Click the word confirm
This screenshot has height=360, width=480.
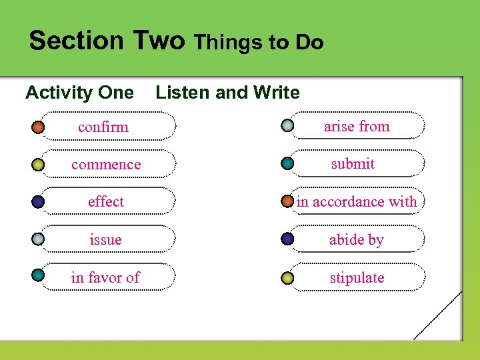point(103,127)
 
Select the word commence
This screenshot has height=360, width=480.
point(106,164)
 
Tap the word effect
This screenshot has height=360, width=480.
point(106,201)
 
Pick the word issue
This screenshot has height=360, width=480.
point(106,239)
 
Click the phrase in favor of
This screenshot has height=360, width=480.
point(105,277)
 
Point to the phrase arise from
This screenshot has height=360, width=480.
point(357,126)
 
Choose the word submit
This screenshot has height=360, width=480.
point(353,163)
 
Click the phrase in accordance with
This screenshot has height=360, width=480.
point(357,201)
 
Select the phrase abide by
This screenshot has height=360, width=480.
point(357,239)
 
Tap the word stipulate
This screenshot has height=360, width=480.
point(357,277)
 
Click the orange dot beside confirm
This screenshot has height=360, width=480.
point(39,126)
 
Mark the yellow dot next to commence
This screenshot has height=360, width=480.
point(39,164)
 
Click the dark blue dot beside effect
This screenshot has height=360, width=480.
point(39,201)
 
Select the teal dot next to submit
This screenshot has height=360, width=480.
point(287,163)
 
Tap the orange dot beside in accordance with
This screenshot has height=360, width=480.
point(287,201)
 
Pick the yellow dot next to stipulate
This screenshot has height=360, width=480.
point(287,277)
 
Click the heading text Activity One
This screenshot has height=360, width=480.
point(79,93)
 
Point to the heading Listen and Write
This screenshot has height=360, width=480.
point(227,93)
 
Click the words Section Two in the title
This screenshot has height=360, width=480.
point(107,41)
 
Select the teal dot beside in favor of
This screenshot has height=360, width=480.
point(39,274)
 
